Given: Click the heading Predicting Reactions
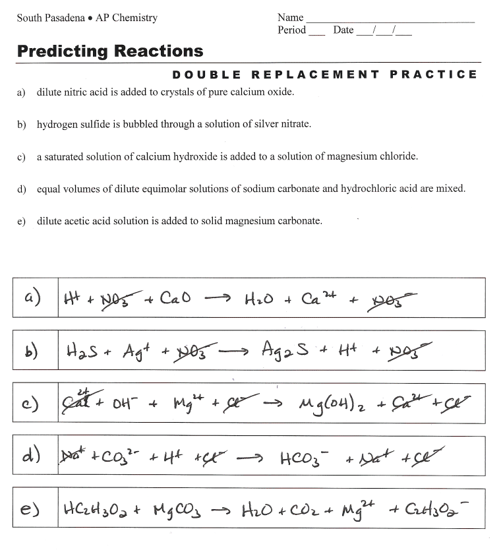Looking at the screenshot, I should coord(110,51).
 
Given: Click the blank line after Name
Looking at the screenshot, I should coord(390,20).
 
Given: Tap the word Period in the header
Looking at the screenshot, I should coord(292,30).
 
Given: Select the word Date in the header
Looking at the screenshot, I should coord(343,30).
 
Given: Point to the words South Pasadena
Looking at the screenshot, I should coord(50,18).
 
